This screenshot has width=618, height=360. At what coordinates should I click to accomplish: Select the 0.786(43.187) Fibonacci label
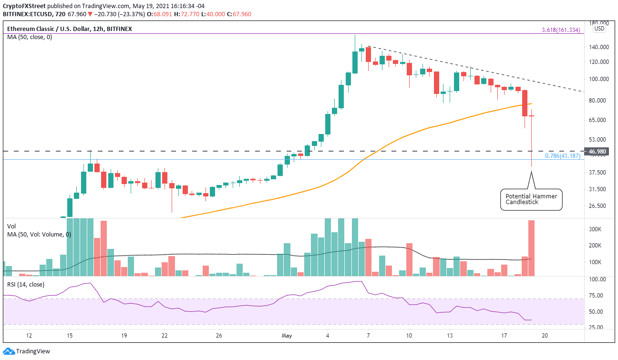pos(562,156)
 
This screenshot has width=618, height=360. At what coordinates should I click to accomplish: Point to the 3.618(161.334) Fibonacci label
pos(561,30)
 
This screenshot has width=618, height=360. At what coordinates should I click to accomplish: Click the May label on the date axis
pos(287,336)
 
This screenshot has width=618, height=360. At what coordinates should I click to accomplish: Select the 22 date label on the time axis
pos(164,336)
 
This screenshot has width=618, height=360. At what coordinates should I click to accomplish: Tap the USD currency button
pos(599,29)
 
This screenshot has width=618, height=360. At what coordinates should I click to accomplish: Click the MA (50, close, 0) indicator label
pos(29,37)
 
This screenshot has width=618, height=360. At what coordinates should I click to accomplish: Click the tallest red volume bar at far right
pos(532,248)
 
